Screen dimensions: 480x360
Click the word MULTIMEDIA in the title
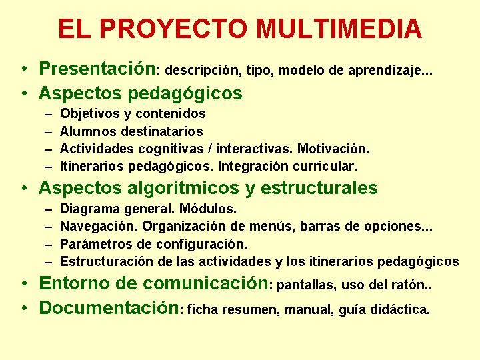click(339, 29)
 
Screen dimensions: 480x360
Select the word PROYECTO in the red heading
click(173, 29)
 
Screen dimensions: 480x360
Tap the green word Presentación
click(97, 68)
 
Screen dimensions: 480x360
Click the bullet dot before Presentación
click(25, 68)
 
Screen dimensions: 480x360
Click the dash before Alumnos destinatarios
click(49, 132)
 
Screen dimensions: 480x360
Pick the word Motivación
click(333, 149)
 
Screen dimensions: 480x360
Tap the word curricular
click(325, 166)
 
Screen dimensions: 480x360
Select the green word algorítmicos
click(183, 188)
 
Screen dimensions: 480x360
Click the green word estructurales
click(319, 187)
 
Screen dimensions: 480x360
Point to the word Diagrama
click(90, 209)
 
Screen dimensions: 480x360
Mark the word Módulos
click(208, 209)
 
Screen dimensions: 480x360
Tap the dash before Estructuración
click(49, 263)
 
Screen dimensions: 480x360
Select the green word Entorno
click(73, 283)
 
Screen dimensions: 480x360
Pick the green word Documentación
click(109, 307)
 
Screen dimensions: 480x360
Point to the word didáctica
click(400, 309)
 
